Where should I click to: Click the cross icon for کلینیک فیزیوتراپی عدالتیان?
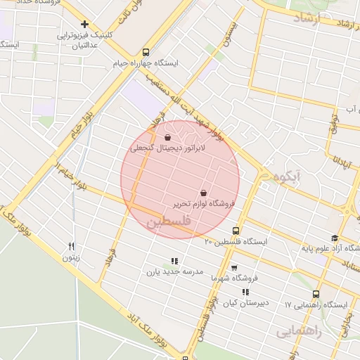pyautogui.click(x=85, y=25)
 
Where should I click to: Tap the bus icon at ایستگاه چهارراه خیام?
pyautogui.click(x=146, y=52)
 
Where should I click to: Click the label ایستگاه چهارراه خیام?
pyautogui.click(x=146, y=63)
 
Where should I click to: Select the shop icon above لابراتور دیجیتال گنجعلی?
pyautogui.click(x=167, y=138)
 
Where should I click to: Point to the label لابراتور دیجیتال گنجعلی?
pyautogui.click(x=160, y=149)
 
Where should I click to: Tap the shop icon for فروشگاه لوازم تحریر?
pyautogui.click(x=203, y=193)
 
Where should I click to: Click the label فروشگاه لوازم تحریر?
pyautogui.click(x=203, y=204)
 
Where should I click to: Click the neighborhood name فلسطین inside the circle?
pyautogui.click(x=168, y=222)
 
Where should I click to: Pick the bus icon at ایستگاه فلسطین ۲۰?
pyautogui.click(x=235, y=231)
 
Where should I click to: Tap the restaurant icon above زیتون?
pyautogui.click(x=71, y=246)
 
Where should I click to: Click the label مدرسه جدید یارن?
pyautogui.click(x=174, y=271)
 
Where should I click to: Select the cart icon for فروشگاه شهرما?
pyautogui.click(x=234, y=267)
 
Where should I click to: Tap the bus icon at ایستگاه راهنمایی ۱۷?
pyautogui.click(x=316, y=295)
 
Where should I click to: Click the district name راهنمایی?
pyautogui.click(x=298, y=331)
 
